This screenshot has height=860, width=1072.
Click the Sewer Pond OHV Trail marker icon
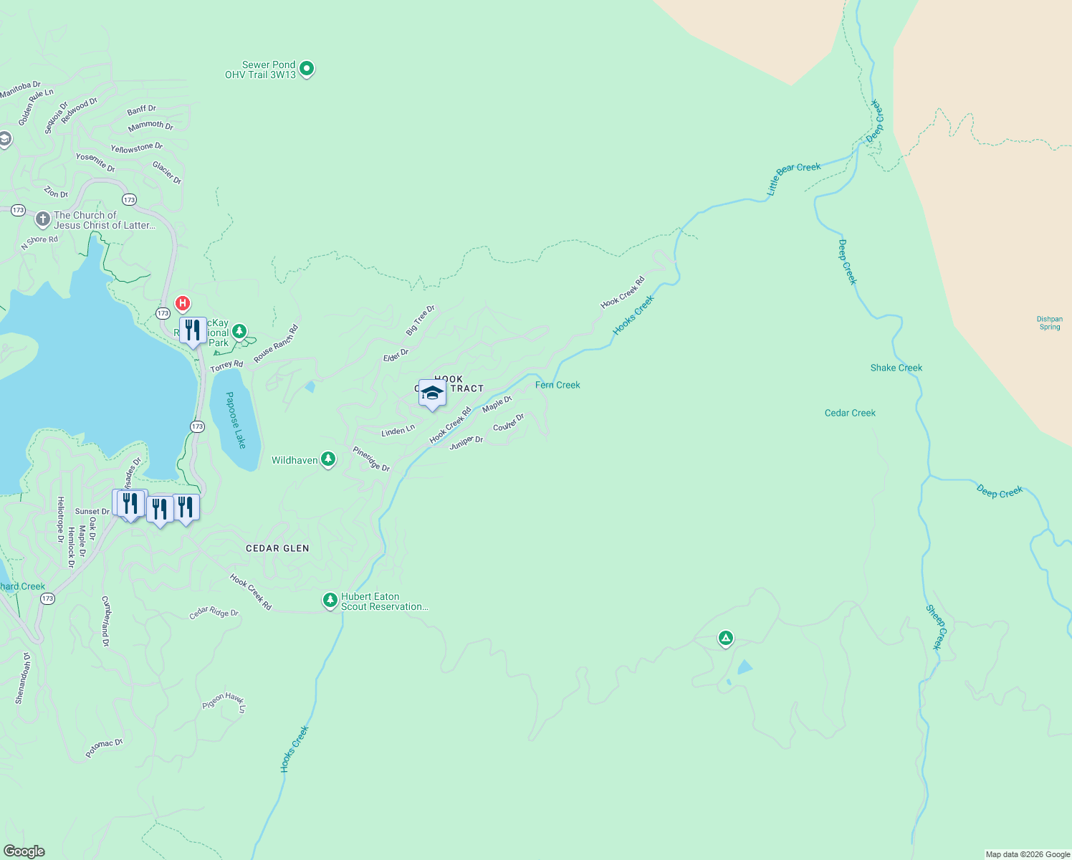(x=307, y=69)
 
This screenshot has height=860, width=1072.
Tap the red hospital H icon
(x=183, y=303)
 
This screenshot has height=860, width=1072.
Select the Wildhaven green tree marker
(x=328, y=459)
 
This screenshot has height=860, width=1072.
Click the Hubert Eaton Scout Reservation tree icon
(x=330, y=600)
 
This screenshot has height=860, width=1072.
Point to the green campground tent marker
(x=725, y=637)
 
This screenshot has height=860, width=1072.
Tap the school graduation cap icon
(x=432, y=393)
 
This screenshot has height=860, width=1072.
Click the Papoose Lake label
(x=236, y=420)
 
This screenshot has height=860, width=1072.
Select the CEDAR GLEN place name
(x=277, y=548)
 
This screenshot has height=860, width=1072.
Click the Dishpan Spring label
(x=1049, y=323)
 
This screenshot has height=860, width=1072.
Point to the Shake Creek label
(x=896, y=368)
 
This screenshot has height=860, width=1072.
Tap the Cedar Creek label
(x=850, y=413)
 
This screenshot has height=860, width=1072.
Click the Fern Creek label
(x=557, y=385)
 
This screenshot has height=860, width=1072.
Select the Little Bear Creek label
(x=793, y=178)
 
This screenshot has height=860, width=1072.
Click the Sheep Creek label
(x=936, y=627)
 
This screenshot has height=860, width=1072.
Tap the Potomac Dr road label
(x=104, y=748)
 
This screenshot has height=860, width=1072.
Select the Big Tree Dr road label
(x=420, y=320)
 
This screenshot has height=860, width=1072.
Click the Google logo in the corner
(x=24, y=851)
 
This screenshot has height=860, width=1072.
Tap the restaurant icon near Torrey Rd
(x=193, y=331)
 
